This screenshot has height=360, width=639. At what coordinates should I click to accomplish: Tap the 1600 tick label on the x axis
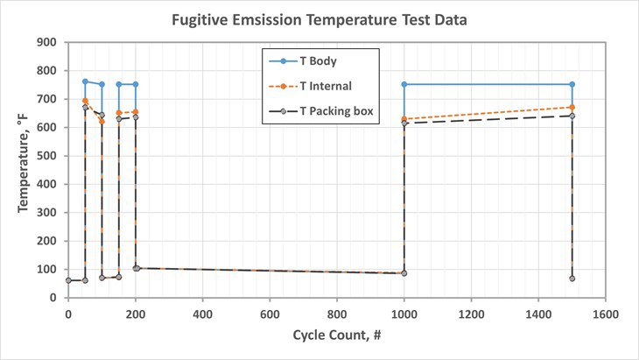click(605, 312)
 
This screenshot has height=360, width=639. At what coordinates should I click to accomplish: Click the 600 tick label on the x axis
click(270, 312)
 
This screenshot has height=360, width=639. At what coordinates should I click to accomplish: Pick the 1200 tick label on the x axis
click(471, 312)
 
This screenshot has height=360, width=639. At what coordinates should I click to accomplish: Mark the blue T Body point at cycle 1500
click(572, 84)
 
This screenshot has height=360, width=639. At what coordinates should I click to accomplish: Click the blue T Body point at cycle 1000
click(404, 84)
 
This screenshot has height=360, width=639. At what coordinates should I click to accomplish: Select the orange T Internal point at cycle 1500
click(572, 108)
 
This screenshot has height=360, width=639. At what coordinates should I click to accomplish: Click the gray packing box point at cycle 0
click(68, 280)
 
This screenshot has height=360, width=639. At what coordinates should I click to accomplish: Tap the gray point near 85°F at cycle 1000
click(404, 273)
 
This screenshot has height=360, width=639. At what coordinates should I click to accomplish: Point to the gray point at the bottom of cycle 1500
click(572, 279)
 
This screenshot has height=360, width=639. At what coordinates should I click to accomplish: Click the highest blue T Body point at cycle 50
click(85, 81)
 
